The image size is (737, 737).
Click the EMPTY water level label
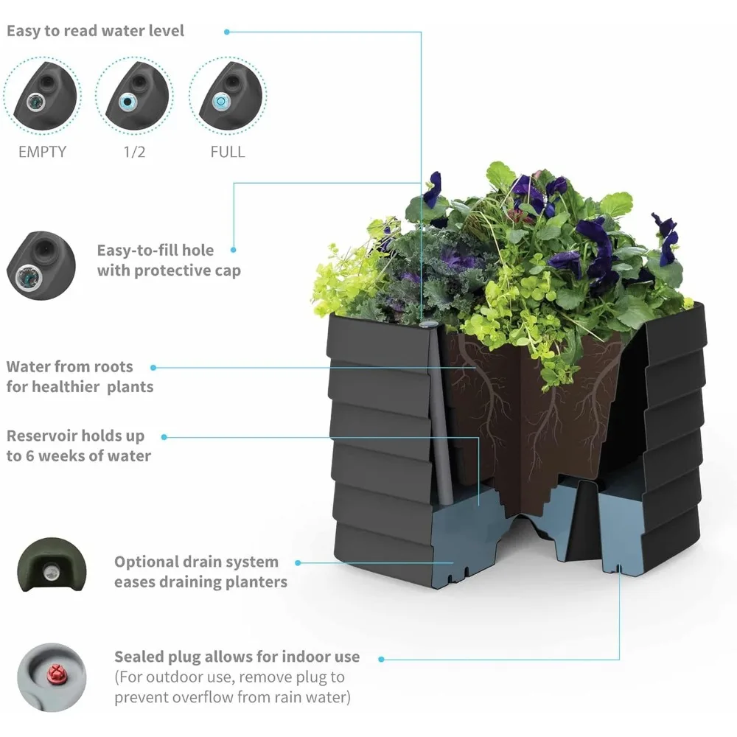[42, 152]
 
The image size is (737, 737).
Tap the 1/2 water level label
[135, 152]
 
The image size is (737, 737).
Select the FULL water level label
[228, 152]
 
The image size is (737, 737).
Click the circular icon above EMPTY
[42, 94]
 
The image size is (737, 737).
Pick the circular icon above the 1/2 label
[135, 94]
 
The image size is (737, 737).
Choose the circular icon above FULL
[228, 94]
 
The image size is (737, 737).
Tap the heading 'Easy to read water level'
[96, 31]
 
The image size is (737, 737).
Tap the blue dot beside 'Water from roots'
[153, 367]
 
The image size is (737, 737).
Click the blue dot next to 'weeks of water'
[164, 437]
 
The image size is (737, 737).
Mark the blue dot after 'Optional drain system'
[298, 562]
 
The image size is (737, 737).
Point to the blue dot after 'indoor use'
[381, 658]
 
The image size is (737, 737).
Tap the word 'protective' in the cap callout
[171, 270]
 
